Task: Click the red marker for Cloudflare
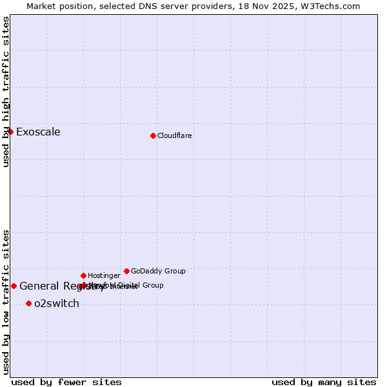pyautogui.click(x=153, y=135)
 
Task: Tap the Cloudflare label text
pyautogui.click(x=175, y=136)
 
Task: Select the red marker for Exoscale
pyautogui.click(x=10, y=132)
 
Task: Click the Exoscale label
pyautogui.click(x=38, y=132)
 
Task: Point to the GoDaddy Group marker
pyautogui.click(x=126, y=271)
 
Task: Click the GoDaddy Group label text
pyautogui.click(x=158, y=272)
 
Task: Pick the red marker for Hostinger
pyautogui.click(x=83, y=275)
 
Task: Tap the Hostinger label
pyautogui.click(x=104, y=276)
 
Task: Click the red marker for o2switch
pyautogui.click(x=28, y=303)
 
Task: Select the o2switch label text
pyautogui.click(x=57, y=304)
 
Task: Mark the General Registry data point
pyautogui.click(x=14, y=286)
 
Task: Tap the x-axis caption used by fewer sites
pyautogui.click(x=66, y=382)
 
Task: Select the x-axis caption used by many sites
pyautogui.click(x=324, y=382)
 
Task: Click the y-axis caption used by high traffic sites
pyautogui.click(x=6, y=92)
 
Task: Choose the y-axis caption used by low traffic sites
pyautogui.click(x=6, y=302)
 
